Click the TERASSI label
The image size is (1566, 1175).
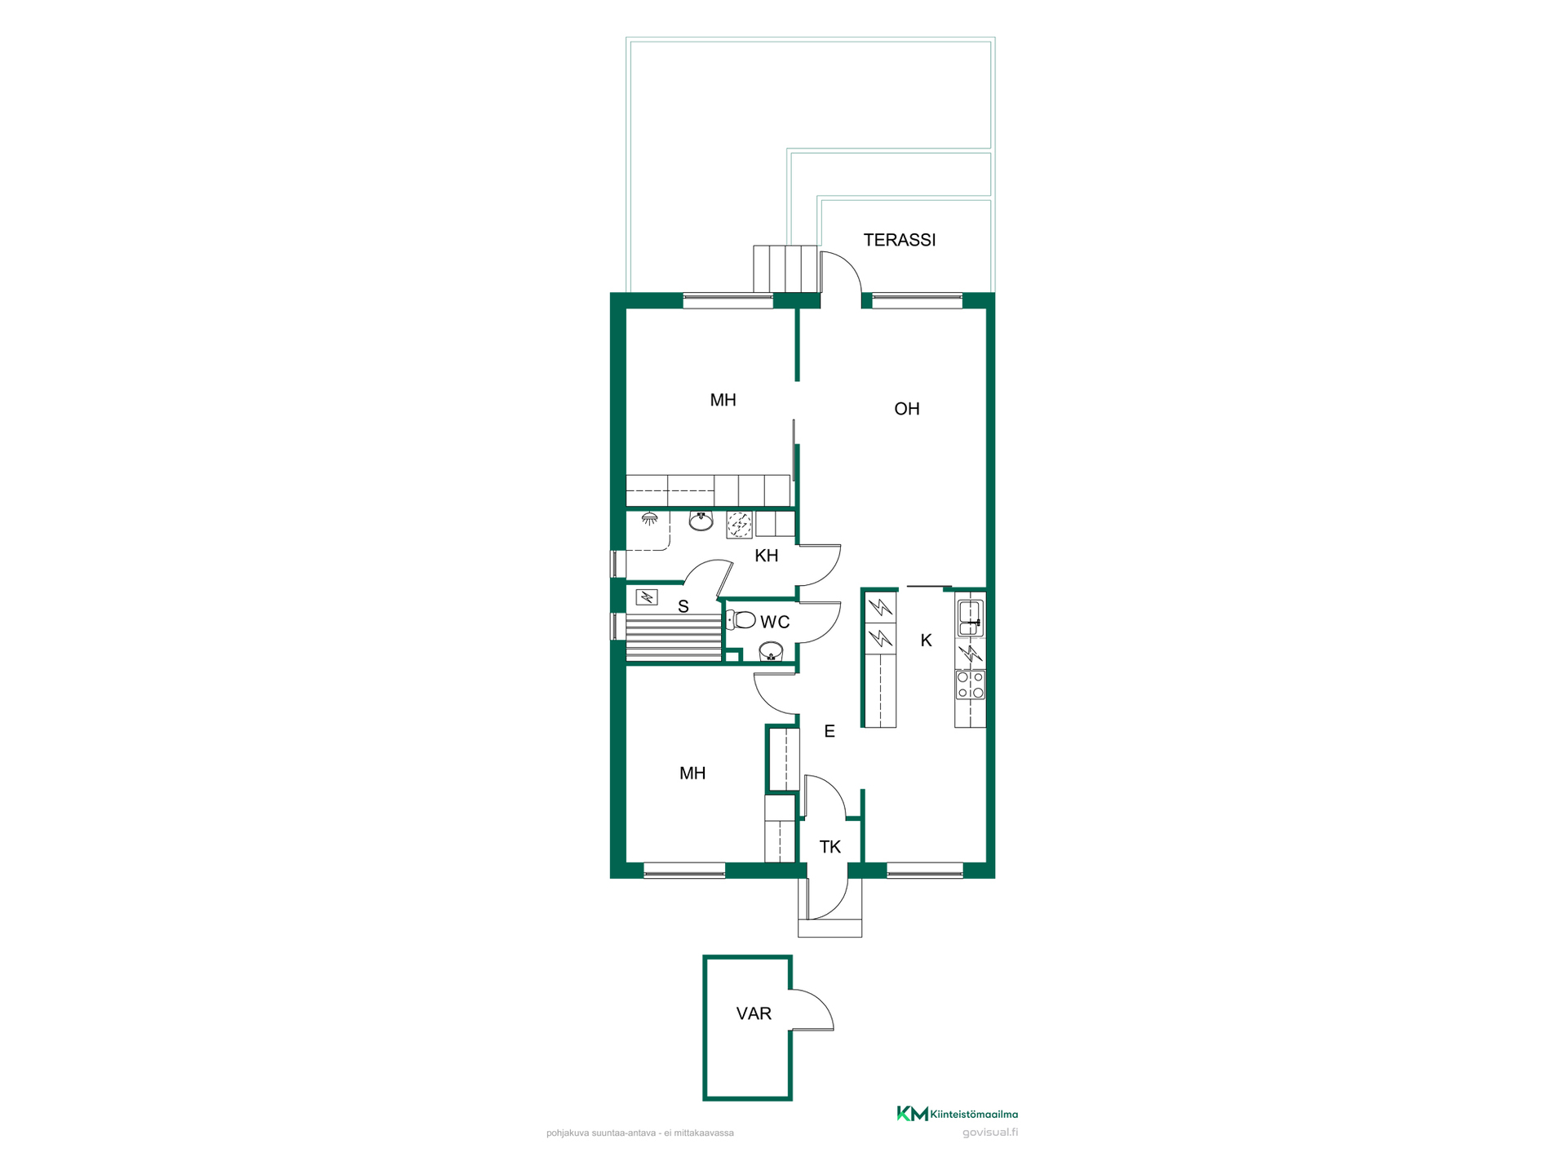click(899, 240)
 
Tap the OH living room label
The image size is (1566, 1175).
click(906, 409)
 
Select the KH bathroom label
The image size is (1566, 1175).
click(766, 556)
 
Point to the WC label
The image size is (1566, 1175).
click(775, 622)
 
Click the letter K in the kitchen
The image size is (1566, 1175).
click(926, 641)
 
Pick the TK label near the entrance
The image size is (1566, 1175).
click(829, 847)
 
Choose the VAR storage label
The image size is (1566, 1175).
click(754, 1013)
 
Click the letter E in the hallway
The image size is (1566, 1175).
click(829, 731)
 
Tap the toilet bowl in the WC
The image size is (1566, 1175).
click(741, 620)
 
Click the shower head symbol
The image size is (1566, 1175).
click(649, 518)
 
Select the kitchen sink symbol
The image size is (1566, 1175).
click(970, 618)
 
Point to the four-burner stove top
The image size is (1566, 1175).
click(970, 685)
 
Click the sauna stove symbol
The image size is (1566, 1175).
click(647, 597)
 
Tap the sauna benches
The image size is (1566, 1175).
click(674, 639)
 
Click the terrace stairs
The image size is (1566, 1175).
click(785, 268)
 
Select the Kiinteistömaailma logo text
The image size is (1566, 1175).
click(974, 1114)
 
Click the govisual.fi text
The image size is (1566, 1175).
click(990, 1133)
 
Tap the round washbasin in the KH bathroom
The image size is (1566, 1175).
click(701, 521)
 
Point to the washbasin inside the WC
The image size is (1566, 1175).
click(771, 652)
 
